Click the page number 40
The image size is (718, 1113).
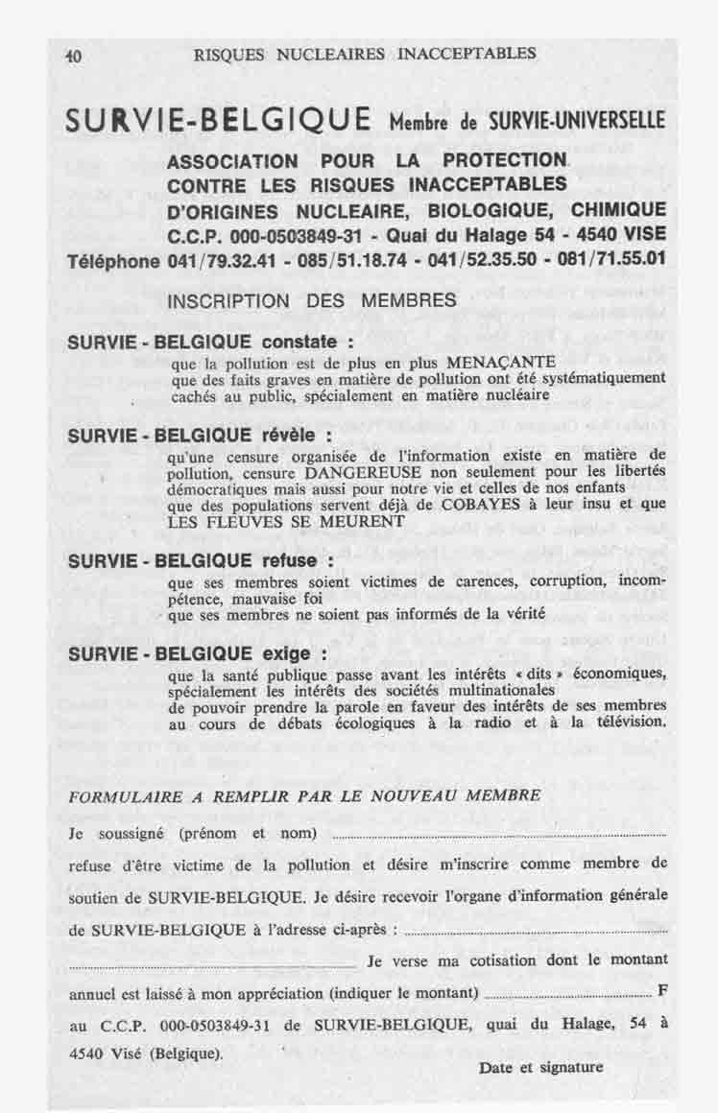72,56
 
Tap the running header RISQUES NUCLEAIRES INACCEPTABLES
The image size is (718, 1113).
365,54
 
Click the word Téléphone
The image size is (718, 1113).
113,261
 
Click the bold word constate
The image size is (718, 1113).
304,343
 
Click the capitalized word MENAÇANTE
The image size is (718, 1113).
528,362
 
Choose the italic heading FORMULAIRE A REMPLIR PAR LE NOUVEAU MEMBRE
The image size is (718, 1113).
305,795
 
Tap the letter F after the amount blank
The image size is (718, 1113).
662,990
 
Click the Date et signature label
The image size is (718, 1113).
541,1067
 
